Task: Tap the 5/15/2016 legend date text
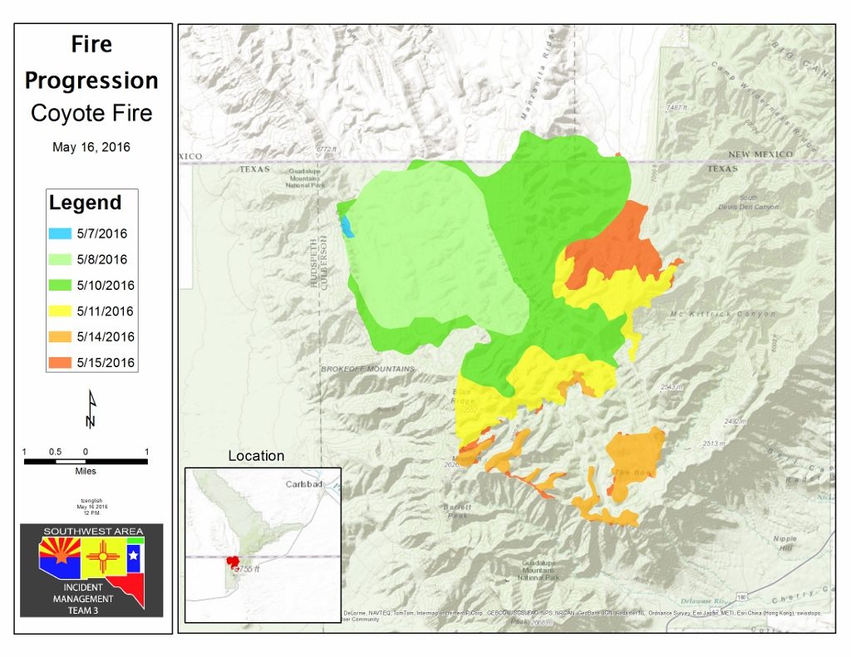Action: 106,363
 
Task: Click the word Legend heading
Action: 85,203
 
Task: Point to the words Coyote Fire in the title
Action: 91,113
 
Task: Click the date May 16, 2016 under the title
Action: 91,147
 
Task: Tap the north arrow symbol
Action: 91,409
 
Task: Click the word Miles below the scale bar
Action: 85,471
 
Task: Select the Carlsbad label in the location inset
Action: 303,484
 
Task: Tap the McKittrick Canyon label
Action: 722,314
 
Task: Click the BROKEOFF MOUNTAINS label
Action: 362,367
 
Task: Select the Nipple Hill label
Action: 785,543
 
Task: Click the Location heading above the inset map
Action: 256,456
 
